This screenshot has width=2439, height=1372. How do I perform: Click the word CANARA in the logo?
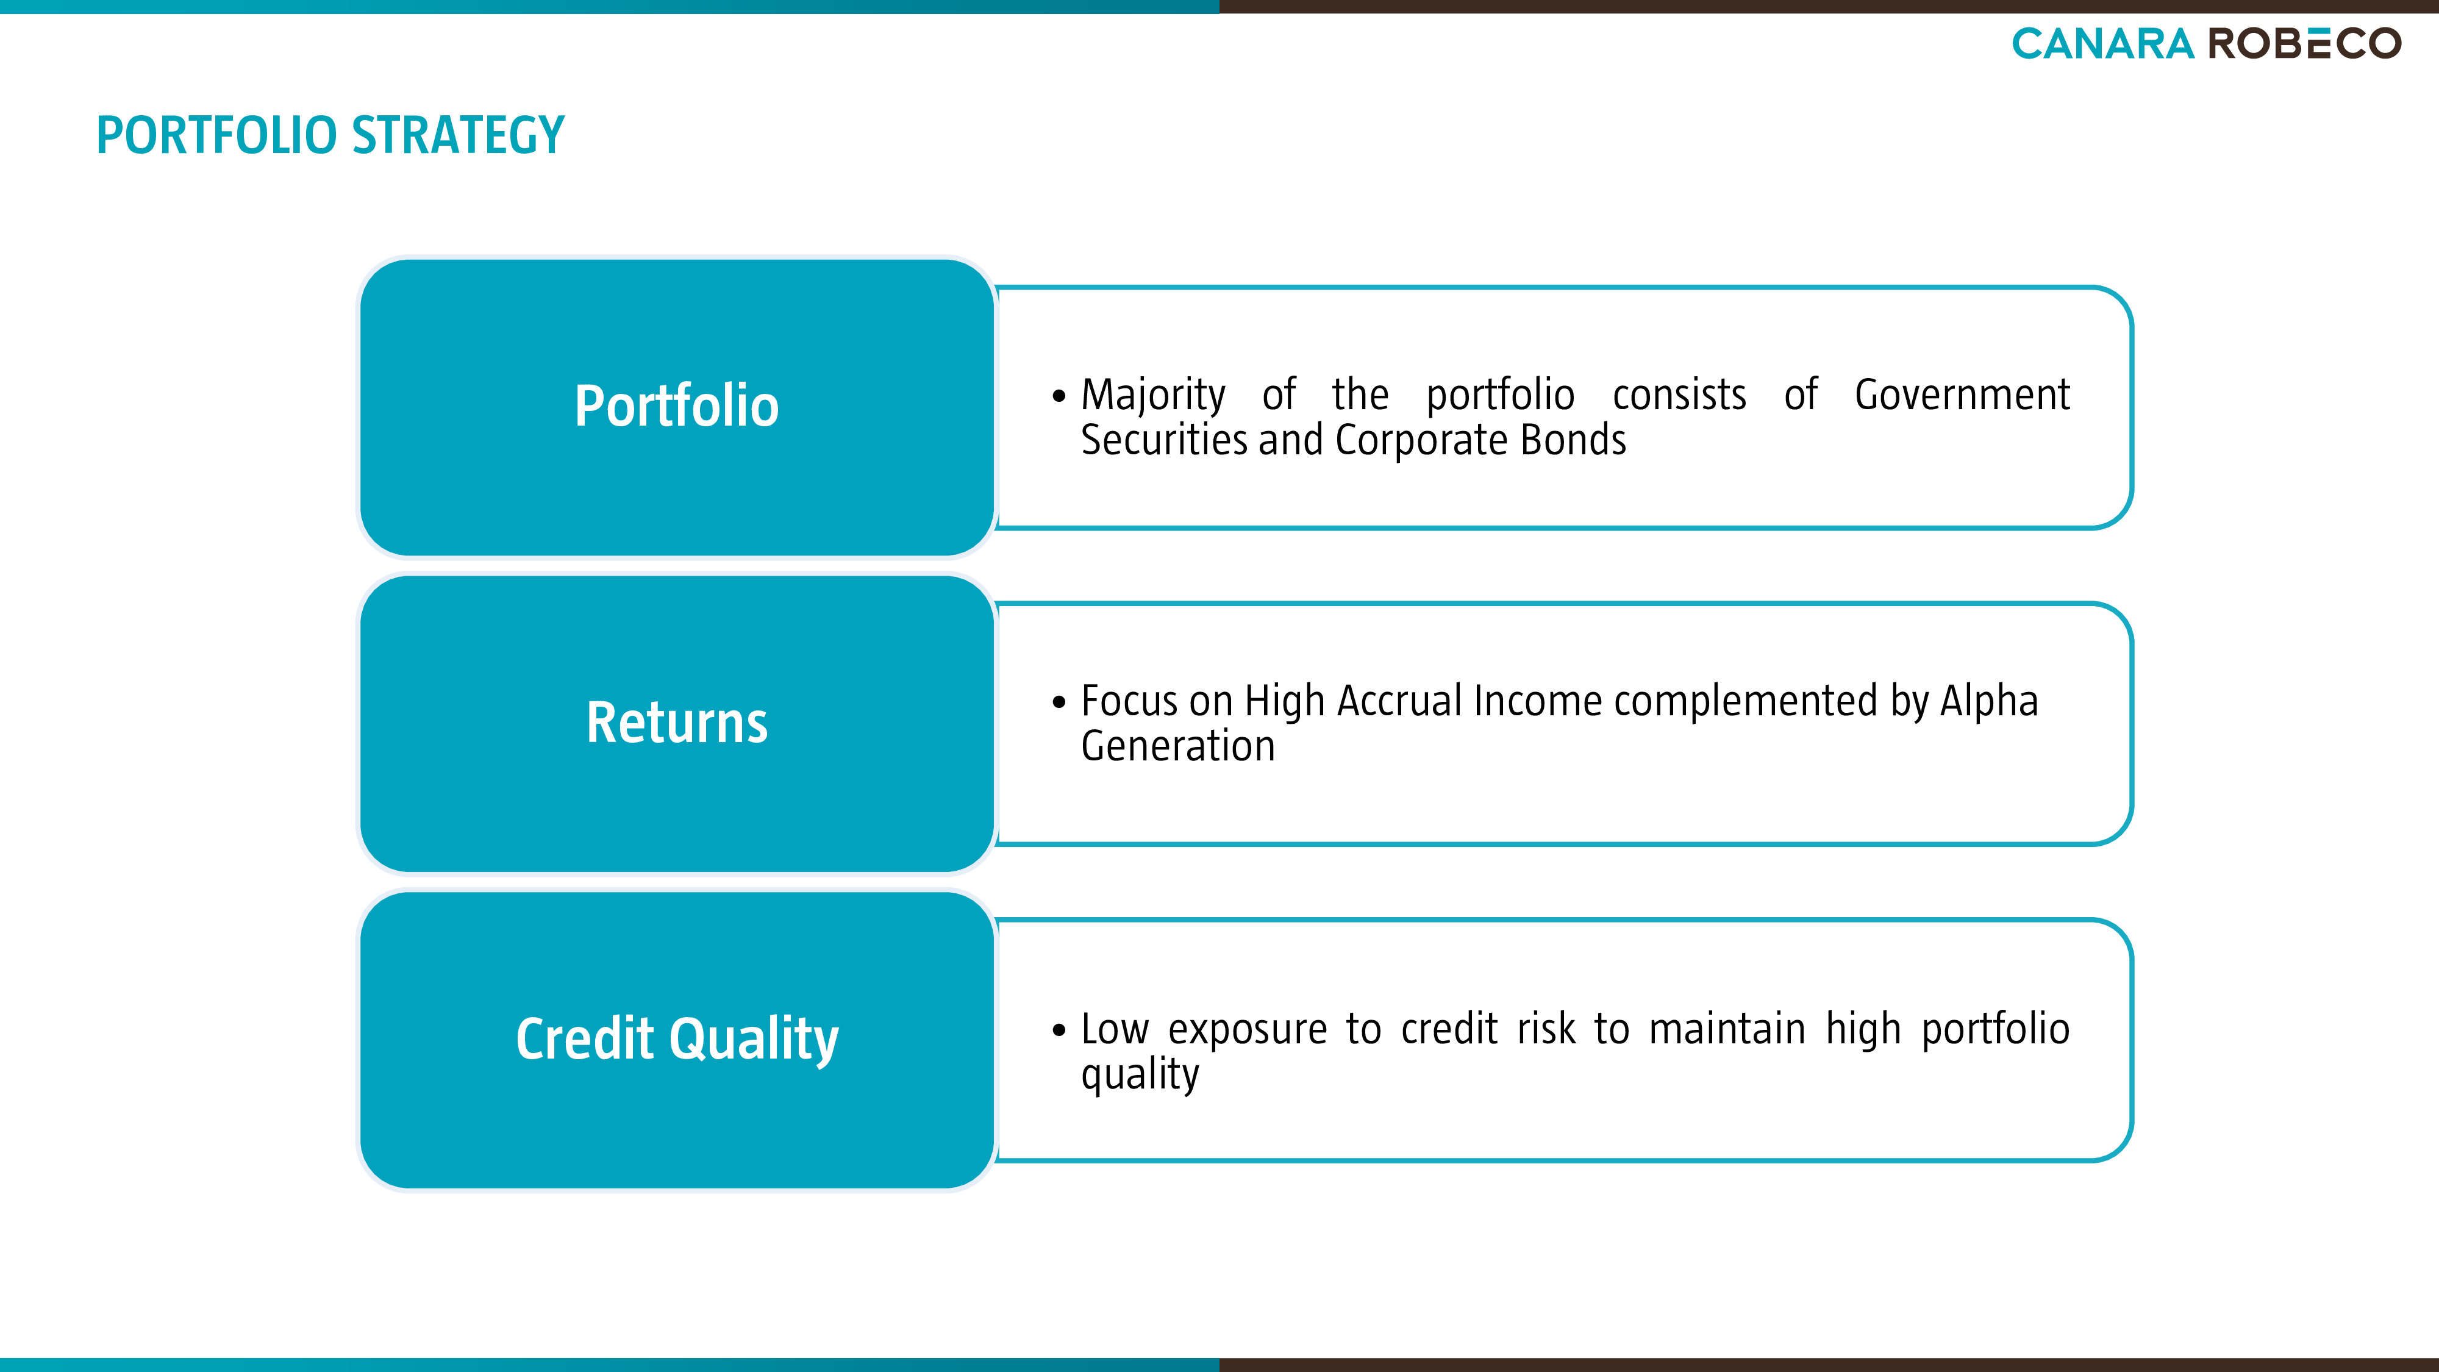2103,43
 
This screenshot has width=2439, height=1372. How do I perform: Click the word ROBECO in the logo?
2305,43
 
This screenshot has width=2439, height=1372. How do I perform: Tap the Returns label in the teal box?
677,723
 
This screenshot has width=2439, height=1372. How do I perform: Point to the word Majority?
1153,396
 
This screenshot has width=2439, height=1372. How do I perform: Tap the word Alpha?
1989,702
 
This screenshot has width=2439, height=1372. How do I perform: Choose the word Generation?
1178,746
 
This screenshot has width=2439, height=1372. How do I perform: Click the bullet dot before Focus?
1059,702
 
